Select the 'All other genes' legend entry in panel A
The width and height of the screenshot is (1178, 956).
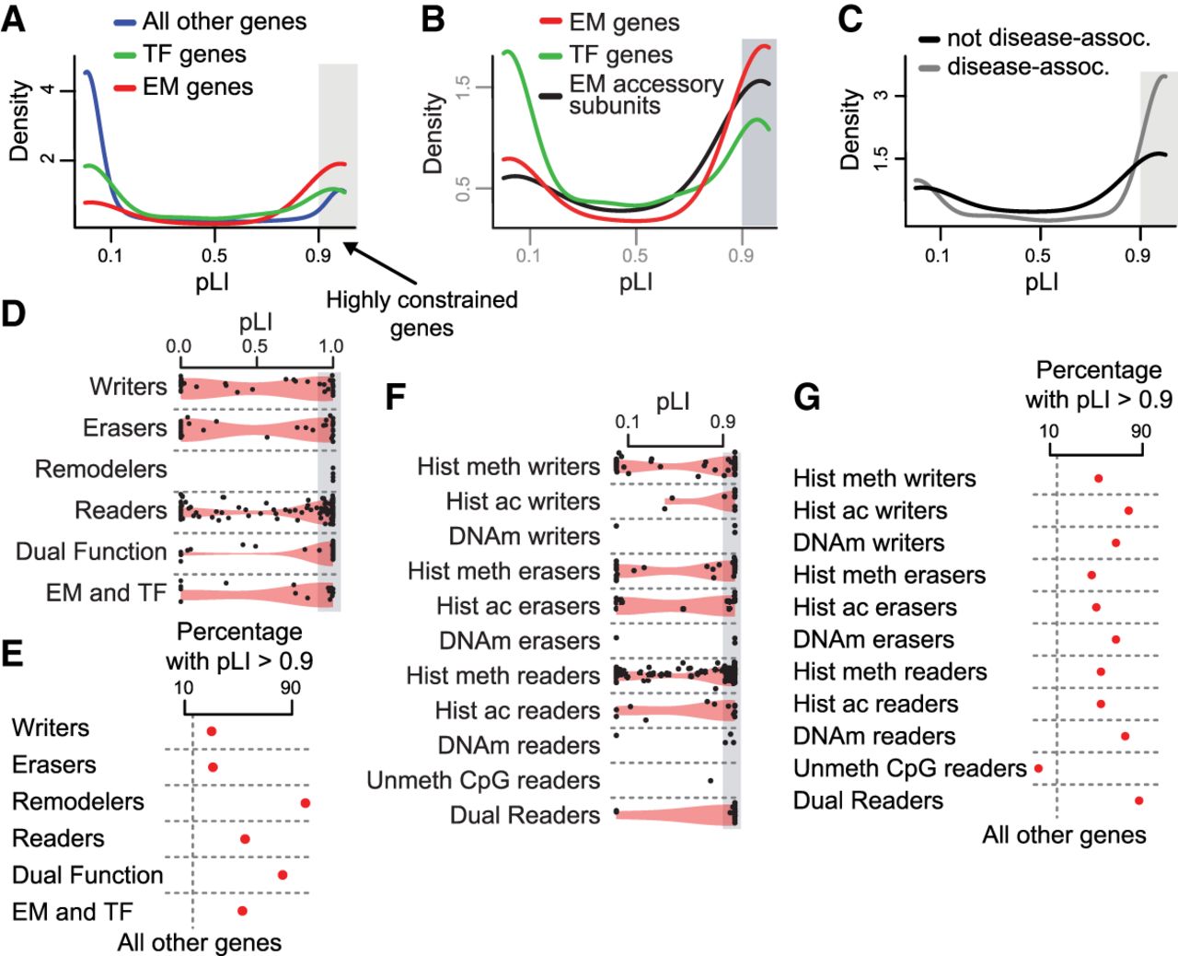[x=224, y=21]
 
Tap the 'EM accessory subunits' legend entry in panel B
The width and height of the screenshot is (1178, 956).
[x=645, y=94]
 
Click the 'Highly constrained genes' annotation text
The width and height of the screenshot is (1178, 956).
[x=422, y=313]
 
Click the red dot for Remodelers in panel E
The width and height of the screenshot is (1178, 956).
[x=305, y=803]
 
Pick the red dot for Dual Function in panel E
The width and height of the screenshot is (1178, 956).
[x=283, y=874]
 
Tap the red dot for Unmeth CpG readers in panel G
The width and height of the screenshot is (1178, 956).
[x=1039, y=768]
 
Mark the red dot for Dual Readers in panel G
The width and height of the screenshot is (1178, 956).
[x=1139, y=801]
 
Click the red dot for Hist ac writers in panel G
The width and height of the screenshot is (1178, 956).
[x=1128, y=510]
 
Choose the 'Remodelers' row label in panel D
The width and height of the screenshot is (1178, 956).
[x=101, y=469]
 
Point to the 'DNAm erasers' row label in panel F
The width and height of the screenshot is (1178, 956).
[x=519, y=640]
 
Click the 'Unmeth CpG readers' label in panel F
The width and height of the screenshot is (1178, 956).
[x=483, y=780]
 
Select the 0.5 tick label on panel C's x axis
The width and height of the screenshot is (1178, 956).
[x=1038, y=255]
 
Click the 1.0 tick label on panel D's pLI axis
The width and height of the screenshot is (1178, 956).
[x=331, y=346]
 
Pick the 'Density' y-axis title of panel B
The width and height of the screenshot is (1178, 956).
[x=433, y=134]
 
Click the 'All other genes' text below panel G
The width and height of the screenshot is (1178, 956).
[x=1064, y=835]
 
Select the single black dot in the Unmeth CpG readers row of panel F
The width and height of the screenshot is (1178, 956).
[x=710, y=781]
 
